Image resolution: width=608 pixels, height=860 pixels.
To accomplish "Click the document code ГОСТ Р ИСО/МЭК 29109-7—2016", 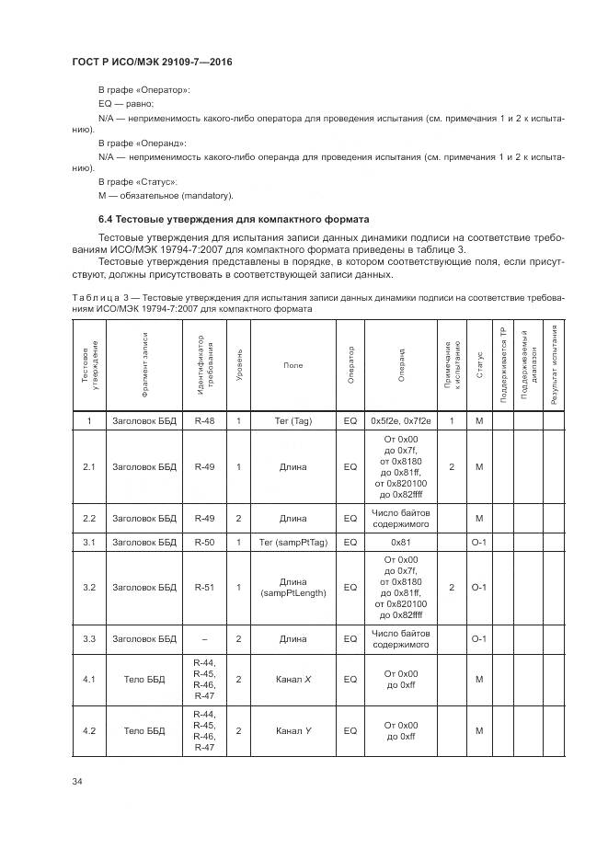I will point(152,62).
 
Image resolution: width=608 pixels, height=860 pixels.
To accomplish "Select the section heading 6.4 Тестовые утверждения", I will point(234,220).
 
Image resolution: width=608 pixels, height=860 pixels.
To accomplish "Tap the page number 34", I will point(77,781).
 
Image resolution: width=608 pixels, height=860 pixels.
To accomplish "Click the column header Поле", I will point(293,365).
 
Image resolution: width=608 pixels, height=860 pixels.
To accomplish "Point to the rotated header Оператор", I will point(350,365).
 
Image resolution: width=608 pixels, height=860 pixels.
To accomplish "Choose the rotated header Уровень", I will point(239,365).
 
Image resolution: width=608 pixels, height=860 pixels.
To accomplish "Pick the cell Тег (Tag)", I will point(293,420).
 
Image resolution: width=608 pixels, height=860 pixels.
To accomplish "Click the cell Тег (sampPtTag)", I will point(293,542).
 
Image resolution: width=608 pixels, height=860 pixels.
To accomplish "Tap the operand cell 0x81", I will point(400,542).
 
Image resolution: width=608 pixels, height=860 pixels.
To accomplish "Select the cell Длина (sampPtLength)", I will point(293,587).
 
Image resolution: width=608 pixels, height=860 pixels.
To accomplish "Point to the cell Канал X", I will point(293,680).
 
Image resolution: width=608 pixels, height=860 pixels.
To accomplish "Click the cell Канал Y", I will point(293,731).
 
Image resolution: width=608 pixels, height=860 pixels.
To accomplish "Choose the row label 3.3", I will point(89,638).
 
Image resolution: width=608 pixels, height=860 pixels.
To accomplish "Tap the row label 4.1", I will point(89,680).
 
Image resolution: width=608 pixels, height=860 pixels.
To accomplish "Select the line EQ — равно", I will point(126,105).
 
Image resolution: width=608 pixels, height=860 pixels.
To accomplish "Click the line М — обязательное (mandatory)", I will point(166,195).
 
